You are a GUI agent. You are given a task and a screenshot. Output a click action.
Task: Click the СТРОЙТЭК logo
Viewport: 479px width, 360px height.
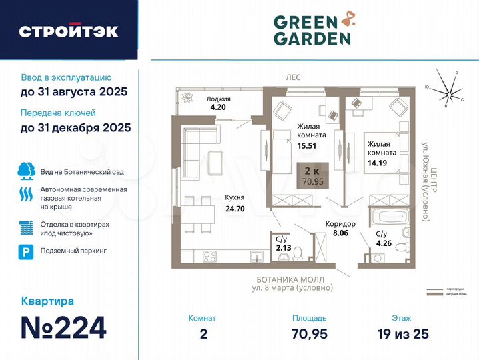tap(69, 31)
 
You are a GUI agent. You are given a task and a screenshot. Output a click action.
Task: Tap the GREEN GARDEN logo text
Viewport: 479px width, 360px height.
tap(311, 29)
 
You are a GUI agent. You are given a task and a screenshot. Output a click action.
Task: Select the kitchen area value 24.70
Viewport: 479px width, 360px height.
tap(235, 209)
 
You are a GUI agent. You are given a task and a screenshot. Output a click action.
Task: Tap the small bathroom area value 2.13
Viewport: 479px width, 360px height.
tap(282, 248)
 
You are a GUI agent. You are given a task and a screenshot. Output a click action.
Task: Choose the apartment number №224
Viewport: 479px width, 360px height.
tap(64, 327)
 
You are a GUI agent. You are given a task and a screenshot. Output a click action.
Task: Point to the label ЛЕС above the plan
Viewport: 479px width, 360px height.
tap(294, 78)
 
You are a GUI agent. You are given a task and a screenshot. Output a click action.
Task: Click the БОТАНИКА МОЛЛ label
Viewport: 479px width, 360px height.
tap(294, 279)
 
